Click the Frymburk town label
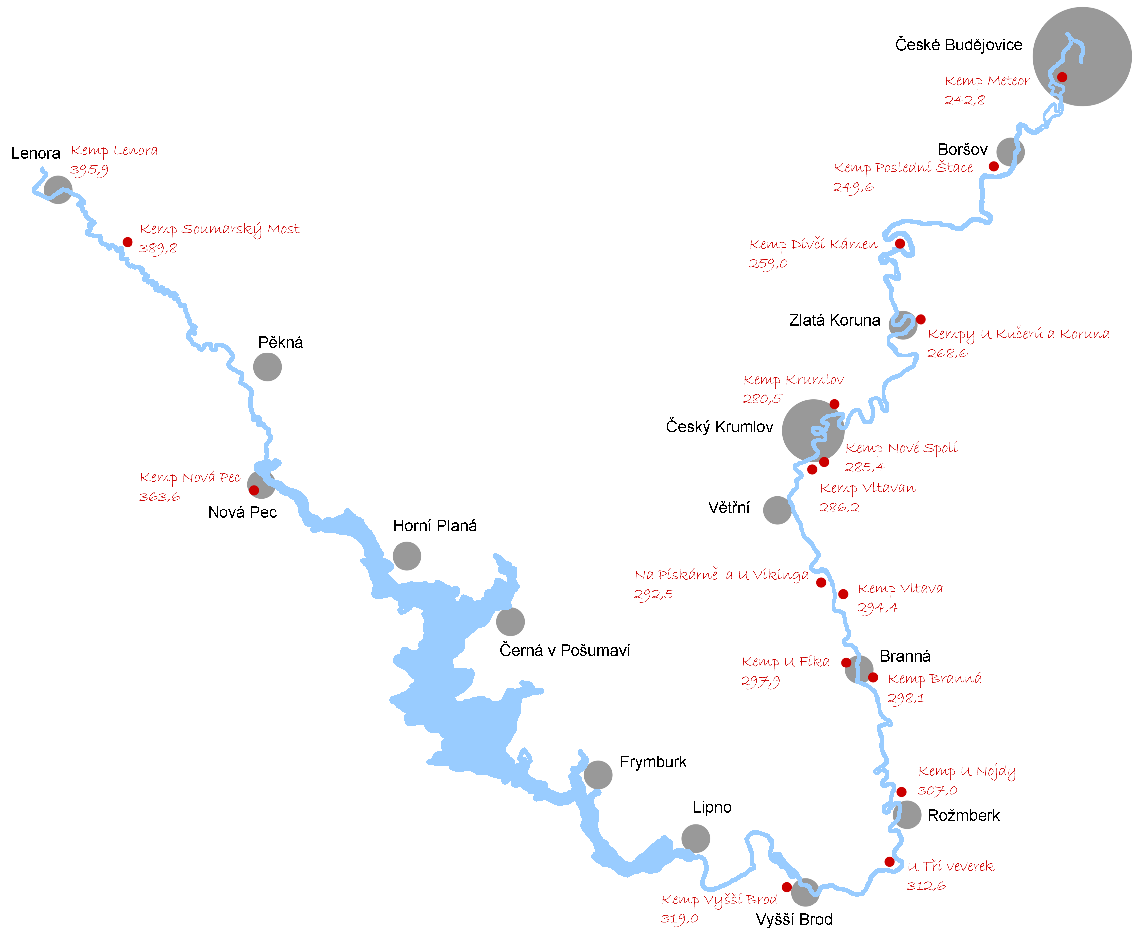tap(653, 762)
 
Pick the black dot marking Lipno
tap(695, 838)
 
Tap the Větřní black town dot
tap(777, 510)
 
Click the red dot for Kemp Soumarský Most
tap(128, 242)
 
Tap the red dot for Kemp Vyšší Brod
tap(786, 887)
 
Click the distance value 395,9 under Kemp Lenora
tap(89, 170)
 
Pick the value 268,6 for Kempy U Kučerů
tap(947, 353)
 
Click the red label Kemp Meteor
tap(987, 81)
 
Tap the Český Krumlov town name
tap(719, 427)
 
